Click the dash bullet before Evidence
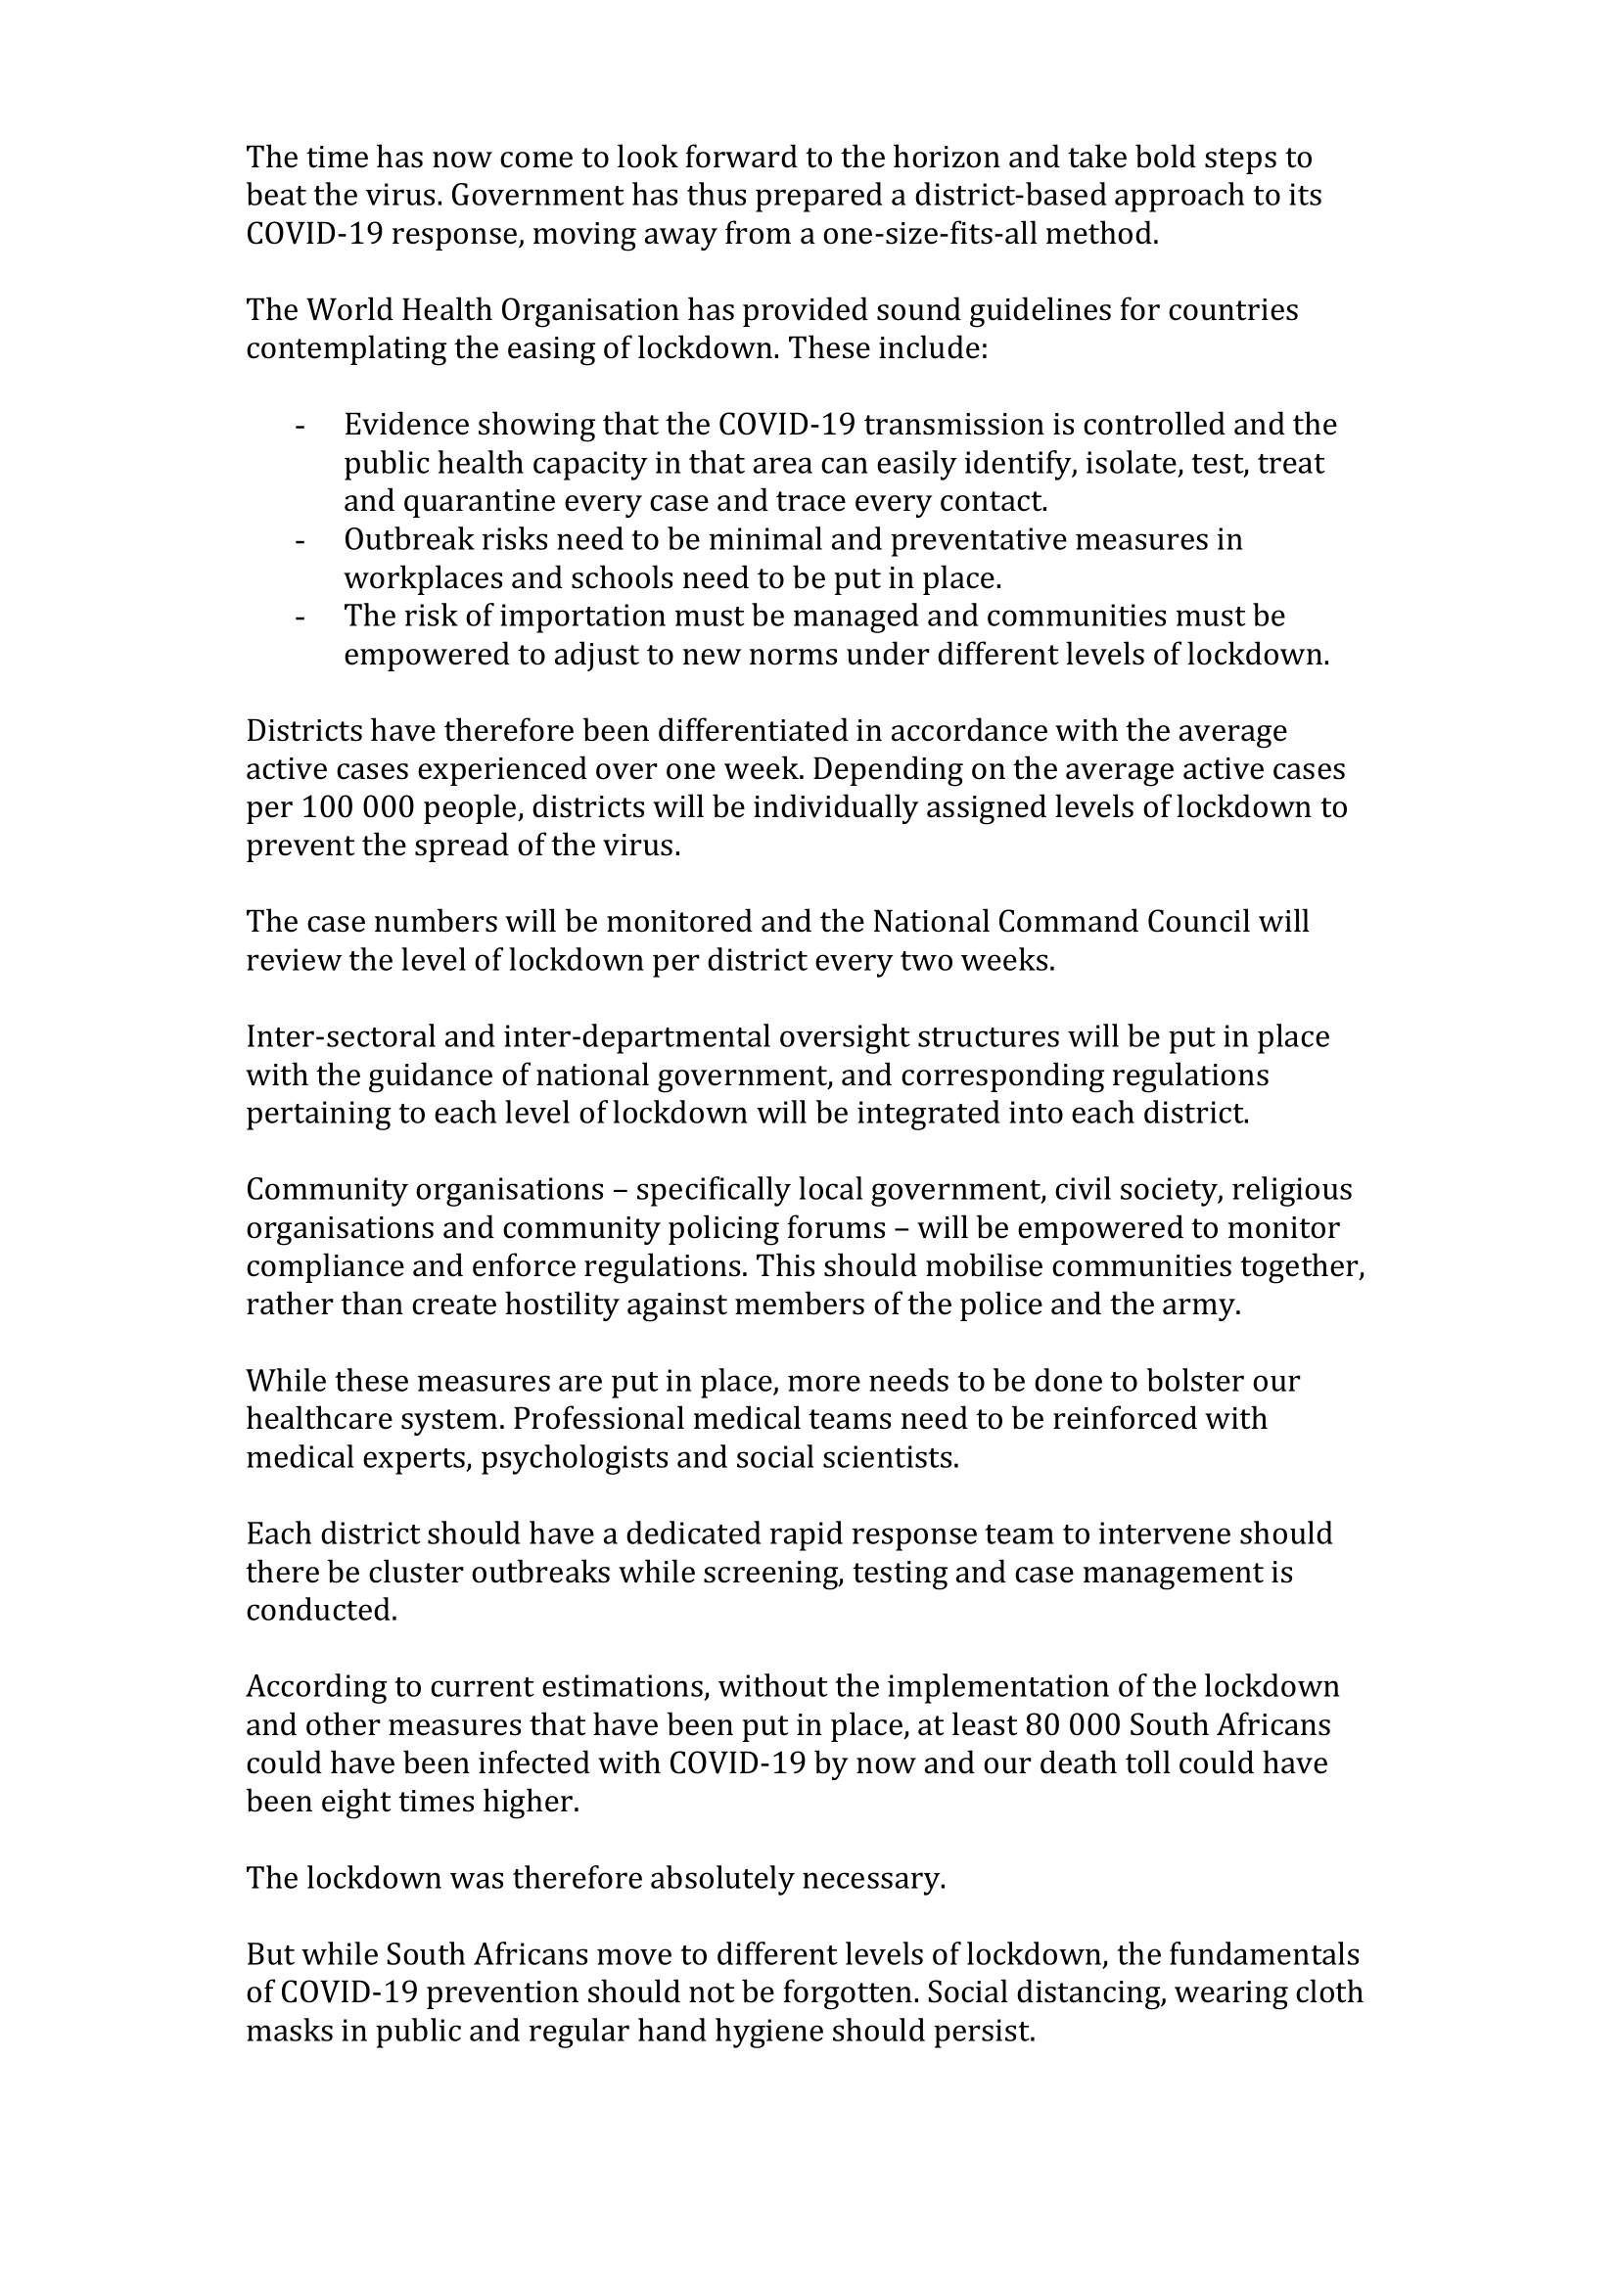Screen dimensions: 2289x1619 300,426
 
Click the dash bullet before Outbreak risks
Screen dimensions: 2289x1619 300,540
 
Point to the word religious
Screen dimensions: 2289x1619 1297,1190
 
